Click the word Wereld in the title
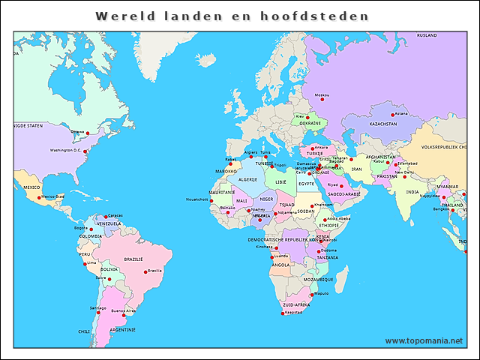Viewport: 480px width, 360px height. tap(121, 16)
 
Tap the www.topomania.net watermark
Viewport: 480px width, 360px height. tap(424, 340)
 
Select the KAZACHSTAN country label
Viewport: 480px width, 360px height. tap(382, 124)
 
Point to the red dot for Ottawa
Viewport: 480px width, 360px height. tap(88, 133)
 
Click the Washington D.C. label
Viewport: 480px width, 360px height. tap(65, 150)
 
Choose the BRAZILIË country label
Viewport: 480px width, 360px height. tap(133, 259)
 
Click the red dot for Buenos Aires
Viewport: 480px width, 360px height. tap(124, 315)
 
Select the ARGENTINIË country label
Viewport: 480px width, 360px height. tap(122, 329)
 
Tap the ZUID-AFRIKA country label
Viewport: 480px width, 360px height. tap(295, 305)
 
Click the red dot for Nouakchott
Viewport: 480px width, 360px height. tap(211, 200)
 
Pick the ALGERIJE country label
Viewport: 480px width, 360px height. tap(247, 180)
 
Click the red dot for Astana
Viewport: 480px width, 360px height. tap(392, 115)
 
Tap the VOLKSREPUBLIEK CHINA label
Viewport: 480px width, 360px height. tap(448, 148)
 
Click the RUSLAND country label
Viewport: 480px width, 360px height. tap(427, 35)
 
